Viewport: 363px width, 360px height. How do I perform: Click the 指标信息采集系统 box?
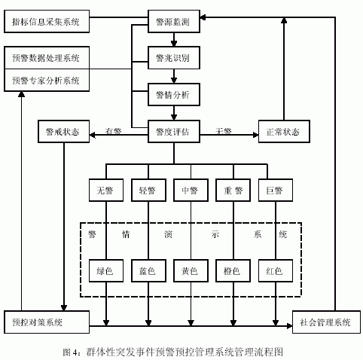47,22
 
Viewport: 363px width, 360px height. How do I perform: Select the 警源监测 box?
174,22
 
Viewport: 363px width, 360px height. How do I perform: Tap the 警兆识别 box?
174,58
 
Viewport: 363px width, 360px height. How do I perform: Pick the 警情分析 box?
174,95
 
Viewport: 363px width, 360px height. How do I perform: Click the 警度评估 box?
174,132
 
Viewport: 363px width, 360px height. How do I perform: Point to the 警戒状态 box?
63,132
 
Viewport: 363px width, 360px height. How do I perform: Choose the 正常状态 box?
284,132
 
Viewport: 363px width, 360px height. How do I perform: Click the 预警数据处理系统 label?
46,58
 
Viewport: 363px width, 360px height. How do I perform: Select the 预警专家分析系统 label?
46,81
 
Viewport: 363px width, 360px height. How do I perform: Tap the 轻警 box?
148,191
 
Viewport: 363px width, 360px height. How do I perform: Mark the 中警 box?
191,191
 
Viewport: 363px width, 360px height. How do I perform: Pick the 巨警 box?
276,191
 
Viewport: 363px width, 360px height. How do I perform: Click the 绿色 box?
106,271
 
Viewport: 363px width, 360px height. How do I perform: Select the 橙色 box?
233,271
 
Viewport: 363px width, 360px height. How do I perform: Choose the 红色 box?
276,271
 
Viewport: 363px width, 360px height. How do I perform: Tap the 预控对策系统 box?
47,322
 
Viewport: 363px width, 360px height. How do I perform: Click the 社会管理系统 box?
326,322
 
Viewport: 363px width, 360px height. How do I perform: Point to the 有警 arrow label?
113,131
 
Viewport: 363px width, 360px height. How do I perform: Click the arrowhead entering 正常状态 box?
255,135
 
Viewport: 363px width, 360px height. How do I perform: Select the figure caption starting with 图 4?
173,352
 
